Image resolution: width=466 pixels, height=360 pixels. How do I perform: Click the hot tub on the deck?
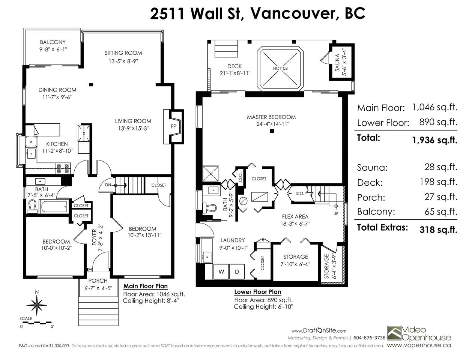pyautogui.click(x=280, y=69)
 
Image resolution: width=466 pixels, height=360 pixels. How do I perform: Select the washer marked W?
pyautogui.click(x=221, y=272)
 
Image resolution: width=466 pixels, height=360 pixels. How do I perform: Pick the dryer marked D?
pyautogui.click(x=237, y=272)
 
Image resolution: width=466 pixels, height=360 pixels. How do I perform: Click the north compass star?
pyautogui.click(x=37, y=305)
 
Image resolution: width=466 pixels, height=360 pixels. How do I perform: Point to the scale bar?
pyautogui.click(x=36, y=322)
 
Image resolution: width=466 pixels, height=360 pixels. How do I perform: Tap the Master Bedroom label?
pyautogui.click(x=271, y=117)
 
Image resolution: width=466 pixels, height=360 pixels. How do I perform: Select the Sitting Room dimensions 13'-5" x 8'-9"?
pyautogui.click(x=123, y=61)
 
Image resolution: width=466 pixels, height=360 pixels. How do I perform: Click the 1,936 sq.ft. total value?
pyautogui.click(x=435, y=140)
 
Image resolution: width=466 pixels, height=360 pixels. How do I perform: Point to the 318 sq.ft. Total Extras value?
pyautogui.click(x=438, y=229)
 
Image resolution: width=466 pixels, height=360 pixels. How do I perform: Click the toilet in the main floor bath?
pyautogui.click(x=32, y=207)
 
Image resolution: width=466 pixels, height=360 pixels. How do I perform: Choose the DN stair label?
pyautogui.click(x=108, y=185)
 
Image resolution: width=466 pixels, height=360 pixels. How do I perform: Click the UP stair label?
pyautogui.click(x=336, y=213)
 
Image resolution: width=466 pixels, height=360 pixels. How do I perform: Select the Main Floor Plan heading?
pyautogui.click(x=146, y=286)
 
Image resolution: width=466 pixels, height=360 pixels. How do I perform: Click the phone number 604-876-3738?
pyautogui.click(x=369, y=338)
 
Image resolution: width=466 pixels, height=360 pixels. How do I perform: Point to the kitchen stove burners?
pyautogui.click(x=63, y=168)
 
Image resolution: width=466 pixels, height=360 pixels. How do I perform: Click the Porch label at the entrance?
pyautogui.click(x=98, y=281)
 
